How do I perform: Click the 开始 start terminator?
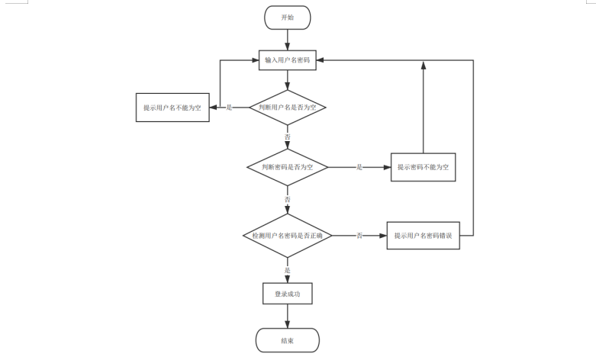point(287,17)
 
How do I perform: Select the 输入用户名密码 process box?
point(287,60)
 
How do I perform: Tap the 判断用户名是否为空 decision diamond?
point(287,108)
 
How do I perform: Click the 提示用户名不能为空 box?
point(172,108)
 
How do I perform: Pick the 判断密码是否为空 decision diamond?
point(287,166)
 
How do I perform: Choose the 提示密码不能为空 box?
point(423,166)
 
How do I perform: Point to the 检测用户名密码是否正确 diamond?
point(287,236)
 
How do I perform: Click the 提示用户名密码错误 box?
point(423,236)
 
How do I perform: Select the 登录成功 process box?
point(287,293)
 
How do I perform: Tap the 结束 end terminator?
point(287,339)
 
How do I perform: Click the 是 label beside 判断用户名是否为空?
point(229,108)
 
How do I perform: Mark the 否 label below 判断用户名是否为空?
point(288,137)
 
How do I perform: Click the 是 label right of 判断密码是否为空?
point(359,166)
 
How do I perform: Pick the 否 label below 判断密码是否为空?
point(288,199)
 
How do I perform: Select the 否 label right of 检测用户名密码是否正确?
point(359,236)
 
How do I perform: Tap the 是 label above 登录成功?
point(288,270)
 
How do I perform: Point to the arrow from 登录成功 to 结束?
point(287,316)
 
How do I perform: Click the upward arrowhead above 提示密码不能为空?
point(423,66)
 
